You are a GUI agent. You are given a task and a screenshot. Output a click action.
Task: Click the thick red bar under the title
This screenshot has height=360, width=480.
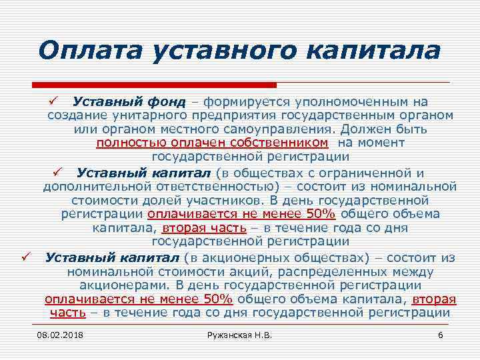(x=153, y=85)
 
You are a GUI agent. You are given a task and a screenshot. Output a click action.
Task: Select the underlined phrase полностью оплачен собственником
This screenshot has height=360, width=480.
(x=212, y=143)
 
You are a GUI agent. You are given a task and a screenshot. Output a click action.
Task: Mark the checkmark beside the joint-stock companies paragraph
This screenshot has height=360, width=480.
(x=25, y=257)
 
